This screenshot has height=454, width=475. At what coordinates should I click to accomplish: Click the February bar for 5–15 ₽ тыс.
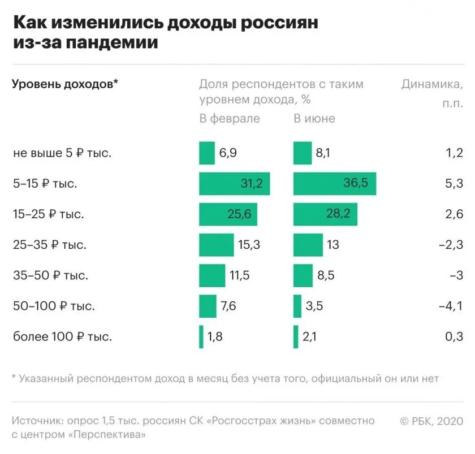click(234, 184)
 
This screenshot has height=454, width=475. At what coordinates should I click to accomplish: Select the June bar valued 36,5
click(335, 184)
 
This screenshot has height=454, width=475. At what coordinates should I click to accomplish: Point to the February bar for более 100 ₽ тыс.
click(201, 337)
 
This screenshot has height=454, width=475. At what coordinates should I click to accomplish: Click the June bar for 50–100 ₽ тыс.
click(297, 306)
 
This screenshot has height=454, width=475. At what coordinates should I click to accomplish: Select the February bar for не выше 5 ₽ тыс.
click(207, 153)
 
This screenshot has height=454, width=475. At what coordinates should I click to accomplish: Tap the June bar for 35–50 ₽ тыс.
click(303, 276)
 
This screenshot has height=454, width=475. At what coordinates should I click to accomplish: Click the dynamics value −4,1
click(451, 306)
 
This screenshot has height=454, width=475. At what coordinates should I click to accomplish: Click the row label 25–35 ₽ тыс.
click(51, 245)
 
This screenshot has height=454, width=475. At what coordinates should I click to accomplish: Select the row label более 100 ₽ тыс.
click(62, 337)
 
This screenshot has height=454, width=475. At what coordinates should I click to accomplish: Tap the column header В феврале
click(229, 119)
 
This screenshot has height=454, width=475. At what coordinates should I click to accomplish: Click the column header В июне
click(314, 119)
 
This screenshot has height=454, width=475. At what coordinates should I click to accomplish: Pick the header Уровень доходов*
click(65, 84)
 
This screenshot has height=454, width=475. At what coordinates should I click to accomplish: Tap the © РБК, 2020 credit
click(431, 421)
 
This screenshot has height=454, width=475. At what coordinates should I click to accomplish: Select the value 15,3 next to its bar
click(249, 245)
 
